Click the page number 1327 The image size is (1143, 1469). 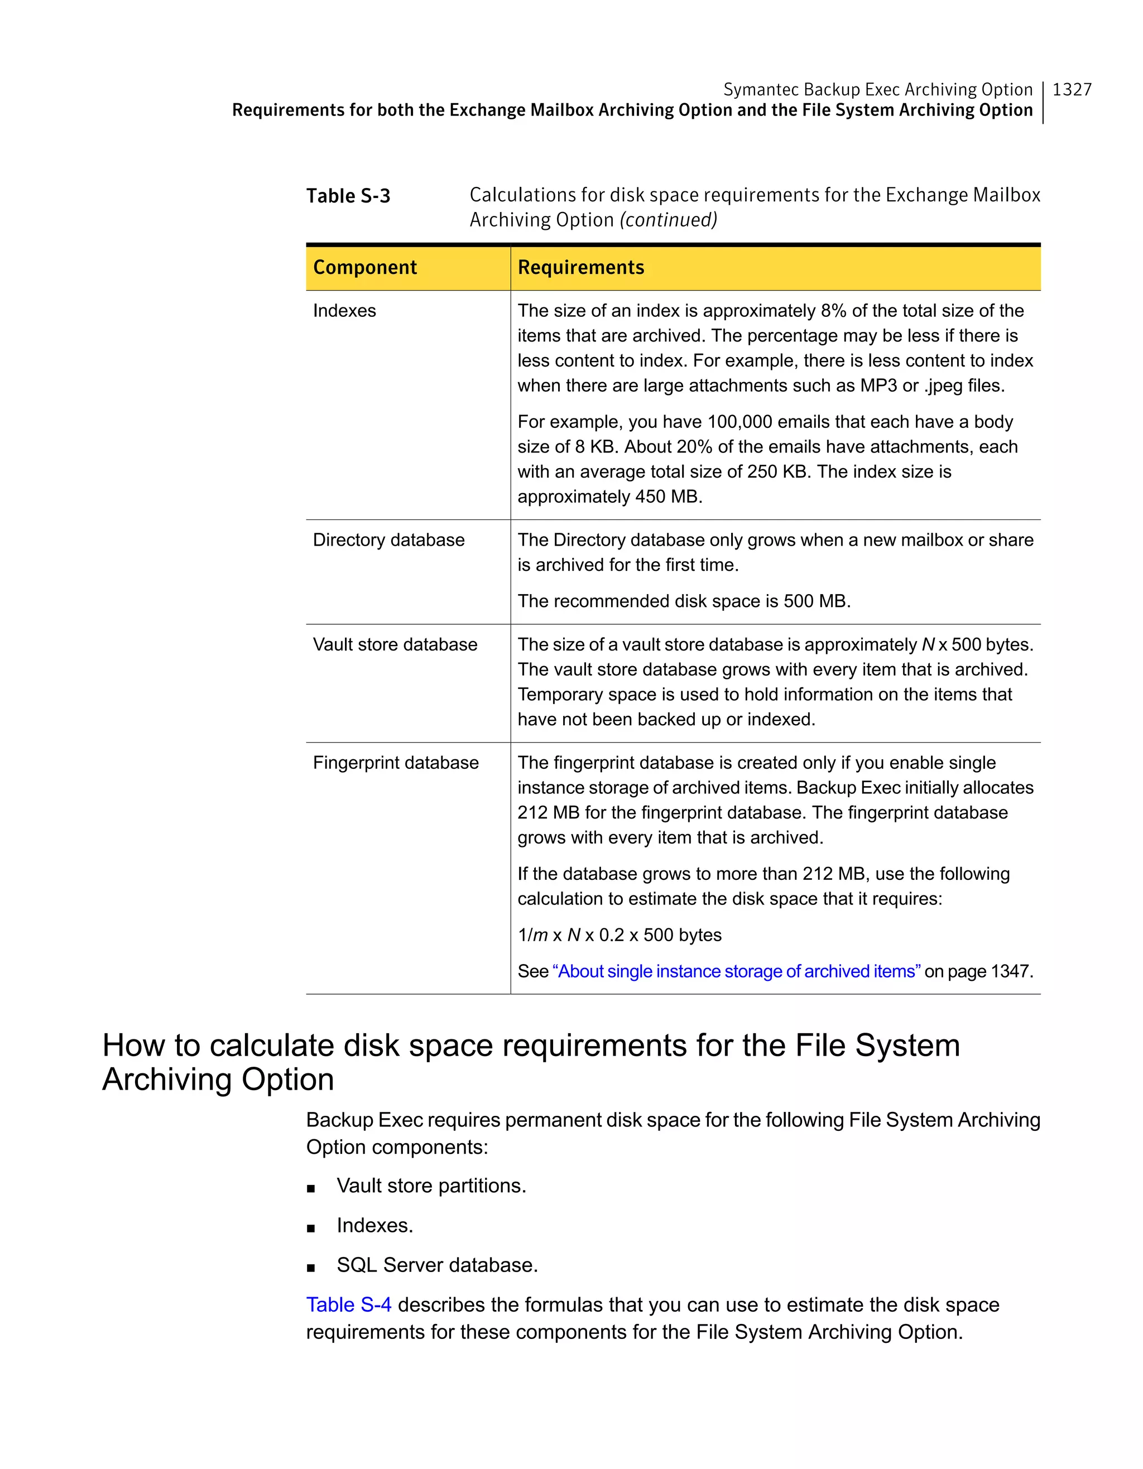[1071, 89]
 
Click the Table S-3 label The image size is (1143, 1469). [348, 196]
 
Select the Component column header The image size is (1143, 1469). [364, 268]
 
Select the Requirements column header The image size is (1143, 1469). [580, 268]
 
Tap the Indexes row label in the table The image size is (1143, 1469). [344, 311]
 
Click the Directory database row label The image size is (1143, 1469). [388, 540]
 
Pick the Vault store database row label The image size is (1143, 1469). [395, 644]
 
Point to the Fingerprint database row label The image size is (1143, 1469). [396, 763]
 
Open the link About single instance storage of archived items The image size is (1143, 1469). [736, 971]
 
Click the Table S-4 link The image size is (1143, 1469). [348, 1305]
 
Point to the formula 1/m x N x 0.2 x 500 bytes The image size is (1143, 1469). [619, 935]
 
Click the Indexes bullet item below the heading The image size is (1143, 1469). [374, 1226]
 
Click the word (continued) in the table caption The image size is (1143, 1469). [668, 220]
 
